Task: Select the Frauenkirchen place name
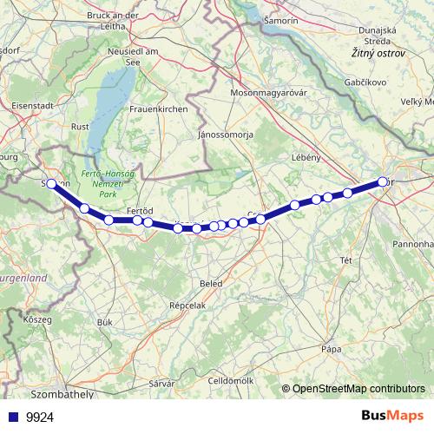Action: [x=158, y=108]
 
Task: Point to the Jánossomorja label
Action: [x=225, y=135]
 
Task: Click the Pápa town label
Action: [x=331, y=349]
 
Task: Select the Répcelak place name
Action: [x=187, y=306]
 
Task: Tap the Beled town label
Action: [x=210, y=283]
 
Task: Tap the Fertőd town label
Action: [x=140, y=211]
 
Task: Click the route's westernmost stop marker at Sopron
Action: [x=51, y=183]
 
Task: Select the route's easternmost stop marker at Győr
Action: [x=383, y=181]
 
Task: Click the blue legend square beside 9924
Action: [x=11, y=418]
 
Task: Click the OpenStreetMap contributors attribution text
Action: [x=358, y=389]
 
